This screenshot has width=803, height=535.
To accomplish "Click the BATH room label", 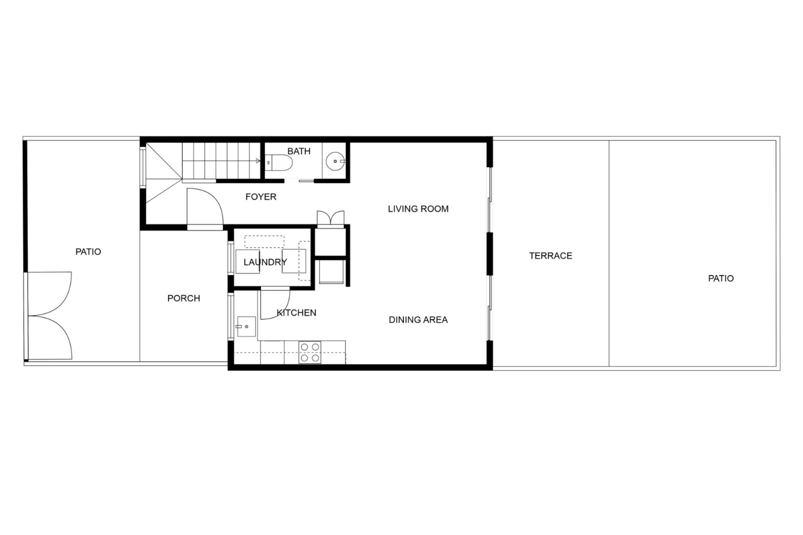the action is click(x=299, y=151).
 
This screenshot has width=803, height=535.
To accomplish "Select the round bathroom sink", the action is click(x=335, y=161).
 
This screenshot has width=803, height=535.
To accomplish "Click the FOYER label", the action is click(x=261, y=197).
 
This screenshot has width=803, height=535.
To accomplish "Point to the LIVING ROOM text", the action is click(x=418, y=209).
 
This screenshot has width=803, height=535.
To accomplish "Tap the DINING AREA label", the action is click(x=418, y=320).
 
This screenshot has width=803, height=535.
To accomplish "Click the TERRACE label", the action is click(x=550, y=256).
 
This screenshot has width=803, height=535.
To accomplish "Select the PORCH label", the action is click(x=184, y=298).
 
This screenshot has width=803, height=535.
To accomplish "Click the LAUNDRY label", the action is click(x=265, y=262).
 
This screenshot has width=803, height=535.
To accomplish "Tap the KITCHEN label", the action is click(x=297, y=313).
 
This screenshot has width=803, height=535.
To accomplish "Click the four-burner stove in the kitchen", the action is click(x=310, y=352).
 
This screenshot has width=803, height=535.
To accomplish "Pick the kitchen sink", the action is click(x=246, y=326).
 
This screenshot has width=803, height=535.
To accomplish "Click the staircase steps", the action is click(x=221, y=161).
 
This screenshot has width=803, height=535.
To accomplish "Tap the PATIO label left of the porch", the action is click(x=88, y=252).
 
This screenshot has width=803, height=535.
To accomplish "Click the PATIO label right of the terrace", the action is click(x=721, y=278).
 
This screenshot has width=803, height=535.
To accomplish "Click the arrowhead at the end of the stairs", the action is click(x=258, y=161).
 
